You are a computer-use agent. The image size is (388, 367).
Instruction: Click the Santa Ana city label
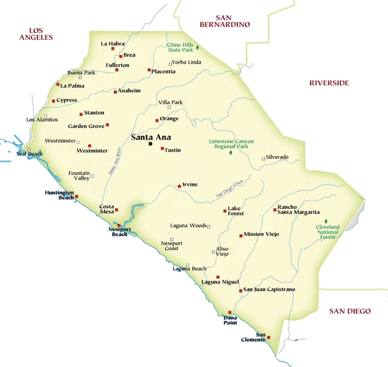coord(151,137)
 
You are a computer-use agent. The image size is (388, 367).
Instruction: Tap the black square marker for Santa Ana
coord(150,144)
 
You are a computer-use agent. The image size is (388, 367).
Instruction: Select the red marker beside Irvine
coord(179,186)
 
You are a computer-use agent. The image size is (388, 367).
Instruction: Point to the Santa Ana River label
coord(115,161)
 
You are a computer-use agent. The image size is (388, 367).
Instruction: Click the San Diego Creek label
coord(230,189)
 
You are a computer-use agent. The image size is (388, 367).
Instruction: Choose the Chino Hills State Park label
coord(180,47)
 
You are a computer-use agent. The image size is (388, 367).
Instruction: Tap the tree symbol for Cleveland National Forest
coord(326,221)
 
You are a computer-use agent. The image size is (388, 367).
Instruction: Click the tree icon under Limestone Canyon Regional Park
coord(231,152)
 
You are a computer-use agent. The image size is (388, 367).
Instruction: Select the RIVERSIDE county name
coord(329,83)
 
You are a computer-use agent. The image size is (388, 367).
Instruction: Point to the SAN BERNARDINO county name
coord(225,21)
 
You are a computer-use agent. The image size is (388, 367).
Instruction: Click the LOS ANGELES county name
coord(36,34)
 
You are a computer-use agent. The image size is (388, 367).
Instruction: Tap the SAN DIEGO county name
coord(350,311)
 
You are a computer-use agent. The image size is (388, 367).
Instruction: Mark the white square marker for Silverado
coord(263,159)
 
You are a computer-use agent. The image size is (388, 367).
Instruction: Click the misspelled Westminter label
coord(92,151)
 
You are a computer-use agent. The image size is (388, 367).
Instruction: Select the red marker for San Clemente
coord(269,338)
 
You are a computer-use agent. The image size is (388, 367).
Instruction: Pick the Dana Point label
coord(230,320)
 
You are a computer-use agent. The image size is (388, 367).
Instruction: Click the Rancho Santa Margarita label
coord(298,210)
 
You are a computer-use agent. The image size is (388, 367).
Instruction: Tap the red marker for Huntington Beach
coord(77,197)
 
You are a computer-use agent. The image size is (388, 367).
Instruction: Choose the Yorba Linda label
coord(186,62)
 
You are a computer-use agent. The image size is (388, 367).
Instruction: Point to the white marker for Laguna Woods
coord(209,226)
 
